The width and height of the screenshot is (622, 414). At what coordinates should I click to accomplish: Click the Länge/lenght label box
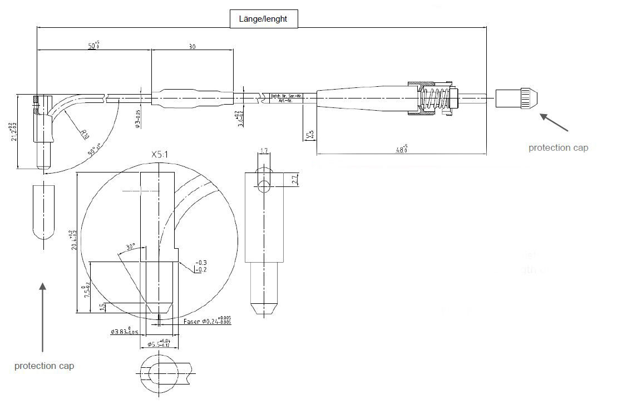[264, 19]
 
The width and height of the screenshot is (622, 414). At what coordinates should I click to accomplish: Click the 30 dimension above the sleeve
[192, 47]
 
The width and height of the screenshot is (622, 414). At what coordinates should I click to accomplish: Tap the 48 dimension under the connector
[401, 149]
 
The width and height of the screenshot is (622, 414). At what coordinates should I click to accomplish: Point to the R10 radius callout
[85, 134]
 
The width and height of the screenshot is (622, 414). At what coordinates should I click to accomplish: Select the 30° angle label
[131, 247]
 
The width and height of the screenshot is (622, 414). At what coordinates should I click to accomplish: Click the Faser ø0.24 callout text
[207, 322]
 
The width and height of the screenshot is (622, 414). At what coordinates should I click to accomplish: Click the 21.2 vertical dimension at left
[12, 131]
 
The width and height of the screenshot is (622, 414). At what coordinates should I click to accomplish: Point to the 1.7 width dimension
[264, 151]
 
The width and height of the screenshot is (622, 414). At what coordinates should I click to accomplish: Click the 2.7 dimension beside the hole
[295, 179]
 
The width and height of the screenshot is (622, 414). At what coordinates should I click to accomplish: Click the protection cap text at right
[558, 147]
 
